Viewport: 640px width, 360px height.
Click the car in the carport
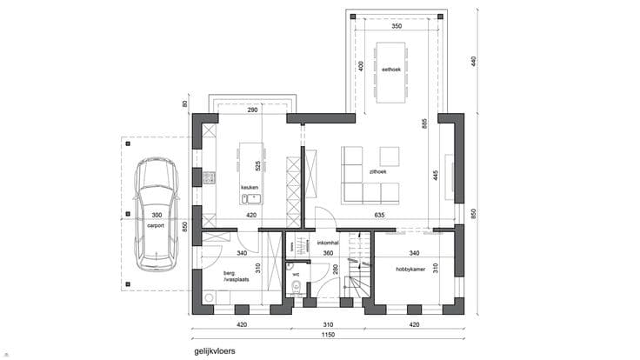(x=157, y=214)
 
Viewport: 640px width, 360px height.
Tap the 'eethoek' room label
(x=391, y=70)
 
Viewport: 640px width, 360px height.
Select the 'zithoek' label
(x=377, y=172)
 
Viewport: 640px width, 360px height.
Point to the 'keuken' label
(x=250, y=187)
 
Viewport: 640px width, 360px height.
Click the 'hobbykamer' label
(x=410, y=270)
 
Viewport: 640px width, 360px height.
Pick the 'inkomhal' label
(x=328, y=243)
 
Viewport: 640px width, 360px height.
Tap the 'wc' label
(x=296, y=275)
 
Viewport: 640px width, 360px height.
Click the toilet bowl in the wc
(x=296, y=287)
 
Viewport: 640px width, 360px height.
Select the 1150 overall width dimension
(x=328, y=335)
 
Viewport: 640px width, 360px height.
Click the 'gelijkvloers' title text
(x=215, y=351)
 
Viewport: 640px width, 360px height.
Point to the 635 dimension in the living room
(x=379, y=215)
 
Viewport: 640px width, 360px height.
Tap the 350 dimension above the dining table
(x=397, y=26)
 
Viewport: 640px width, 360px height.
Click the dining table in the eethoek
(x=391, y=72)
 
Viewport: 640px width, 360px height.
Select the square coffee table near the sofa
(x=390, y=157)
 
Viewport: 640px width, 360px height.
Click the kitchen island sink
(x=251, y=199)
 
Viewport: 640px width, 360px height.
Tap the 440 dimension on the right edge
(x=473, y=62)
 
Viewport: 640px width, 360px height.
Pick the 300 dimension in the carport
(x=157, y=215)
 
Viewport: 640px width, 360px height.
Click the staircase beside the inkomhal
(x=359, y=264)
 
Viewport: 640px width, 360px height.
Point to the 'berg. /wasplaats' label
(x=236, y=277)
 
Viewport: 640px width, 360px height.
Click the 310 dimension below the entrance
(x=328, y=325)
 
